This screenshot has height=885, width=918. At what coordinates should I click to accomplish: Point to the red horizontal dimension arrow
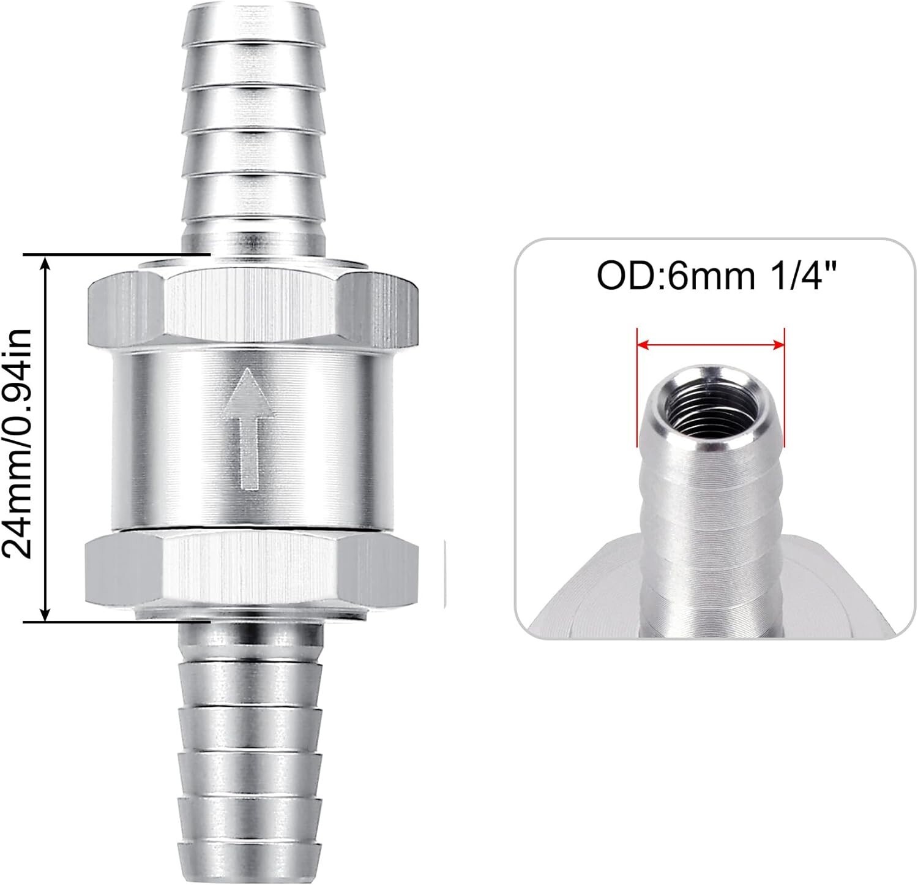point(710,345)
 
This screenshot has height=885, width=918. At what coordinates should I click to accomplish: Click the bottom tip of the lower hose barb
point(250,873)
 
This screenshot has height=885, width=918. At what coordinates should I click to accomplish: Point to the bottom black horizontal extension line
point(116,620)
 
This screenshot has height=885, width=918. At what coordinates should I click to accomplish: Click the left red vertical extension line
point(637,380)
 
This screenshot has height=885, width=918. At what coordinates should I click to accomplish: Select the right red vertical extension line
point(784,380)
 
